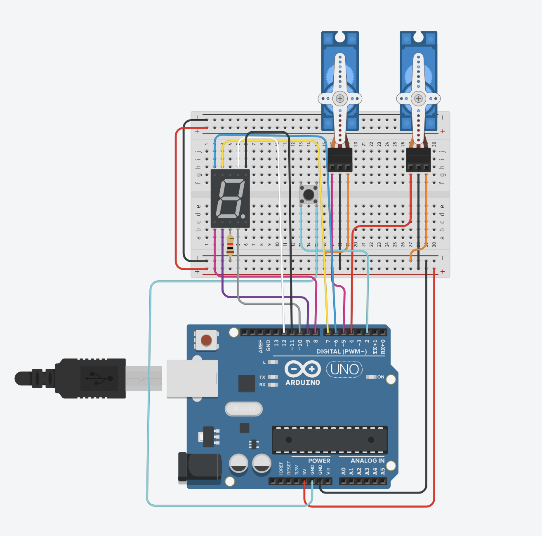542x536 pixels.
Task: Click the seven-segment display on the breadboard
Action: point(230,198)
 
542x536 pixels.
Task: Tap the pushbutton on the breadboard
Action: point(309,194)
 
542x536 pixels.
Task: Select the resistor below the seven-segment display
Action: point(230,246)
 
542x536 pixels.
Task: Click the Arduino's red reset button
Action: point(206,340)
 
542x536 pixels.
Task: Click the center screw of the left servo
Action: point(340,99)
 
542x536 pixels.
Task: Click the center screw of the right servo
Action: point(418,99)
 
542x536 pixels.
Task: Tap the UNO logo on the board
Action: point(344,369)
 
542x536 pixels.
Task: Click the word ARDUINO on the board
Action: point(303,383)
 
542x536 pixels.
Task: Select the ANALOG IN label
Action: point(367,461)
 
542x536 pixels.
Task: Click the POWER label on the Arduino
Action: point(319,461)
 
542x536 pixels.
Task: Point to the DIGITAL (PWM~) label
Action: point(341,352)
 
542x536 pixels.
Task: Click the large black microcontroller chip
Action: point(330,440)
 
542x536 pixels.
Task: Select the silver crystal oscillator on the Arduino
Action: point(244,409)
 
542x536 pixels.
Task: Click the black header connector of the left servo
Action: point(340,160)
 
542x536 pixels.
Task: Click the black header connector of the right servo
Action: point(418,160)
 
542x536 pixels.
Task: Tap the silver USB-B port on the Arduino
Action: point(192,378)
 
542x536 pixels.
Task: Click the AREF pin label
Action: point(261,346)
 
